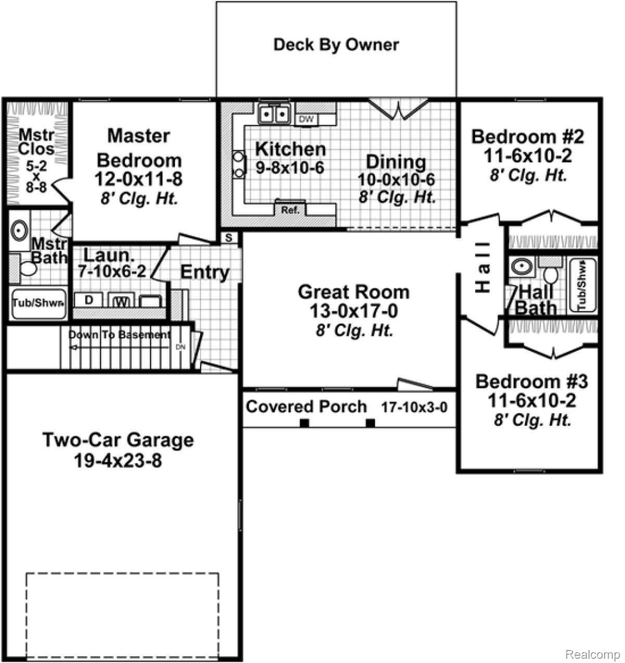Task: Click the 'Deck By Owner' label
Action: coord(336,45)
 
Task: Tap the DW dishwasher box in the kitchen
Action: coord(307,120)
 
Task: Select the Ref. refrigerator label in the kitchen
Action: coord(290,210)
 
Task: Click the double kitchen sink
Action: coord(274,113)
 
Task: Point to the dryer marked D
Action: coord(89,300)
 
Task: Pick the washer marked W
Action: coord(121,301)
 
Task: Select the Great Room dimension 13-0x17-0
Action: coord(354,311)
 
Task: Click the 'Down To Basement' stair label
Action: coord(120,335)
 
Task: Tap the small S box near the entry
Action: coord(229,238)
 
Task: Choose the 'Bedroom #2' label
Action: coord(528,137)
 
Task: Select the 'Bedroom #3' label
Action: coord(531,381)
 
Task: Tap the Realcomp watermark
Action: coord(592,654)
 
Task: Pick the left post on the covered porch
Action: coord(305,423)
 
